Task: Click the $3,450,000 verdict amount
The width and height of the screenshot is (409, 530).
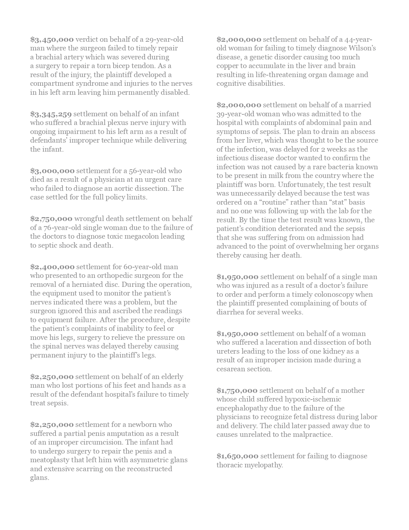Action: (x=52, y=40)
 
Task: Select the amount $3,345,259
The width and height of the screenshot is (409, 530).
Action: (x=51, y=114)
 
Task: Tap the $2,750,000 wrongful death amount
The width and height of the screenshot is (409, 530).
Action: (x=51, y=219)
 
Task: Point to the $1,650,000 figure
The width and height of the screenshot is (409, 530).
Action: (x=237, y=456)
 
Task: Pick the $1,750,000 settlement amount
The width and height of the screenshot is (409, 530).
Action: (x=237, y=391)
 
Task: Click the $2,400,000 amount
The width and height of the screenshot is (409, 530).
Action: (x=52, y=267)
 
